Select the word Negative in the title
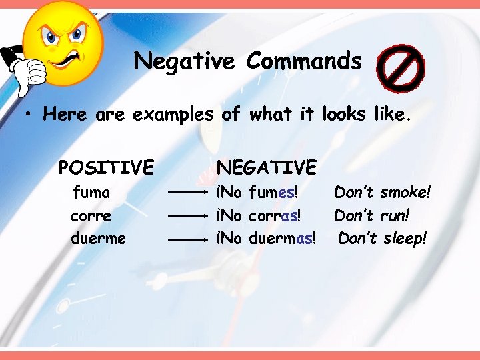click(184, 61)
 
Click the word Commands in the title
click(303, 61)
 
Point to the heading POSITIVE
click(106, 166)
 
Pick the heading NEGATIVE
click(267, 166)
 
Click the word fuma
click(91, 193)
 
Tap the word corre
click(91, 216)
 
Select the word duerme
click(98, 238)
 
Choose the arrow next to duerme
click(189, 239)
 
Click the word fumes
click(273, 193)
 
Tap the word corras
click(274, 216)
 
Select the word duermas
click(282, 238)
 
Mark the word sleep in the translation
click(405, 238)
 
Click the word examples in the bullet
click(173, 115)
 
